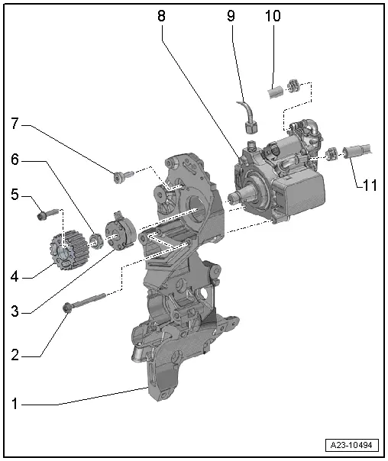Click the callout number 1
pos(14,404)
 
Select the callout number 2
pos(14,355)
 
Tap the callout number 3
pos(14,311)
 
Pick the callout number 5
pos(14,195)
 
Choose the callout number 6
pos(14,160)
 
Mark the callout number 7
pos(14,122)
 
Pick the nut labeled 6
pos(96,242)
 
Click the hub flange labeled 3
pos(120,234)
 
